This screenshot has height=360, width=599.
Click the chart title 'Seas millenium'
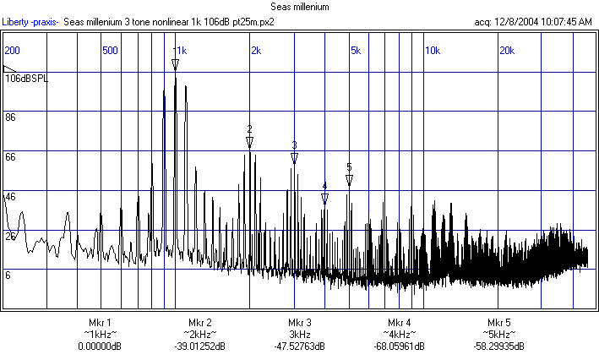click(x=299, y=7)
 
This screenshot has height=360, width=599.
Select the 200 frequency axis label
click(x=13, y=51)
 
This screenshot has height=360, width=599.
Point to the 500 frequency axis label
click(x=110, y=51)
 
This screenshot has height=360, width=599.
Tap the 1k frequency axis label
click(x=181, y=51)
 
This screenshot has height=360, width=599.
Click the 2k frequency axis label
click(x=255, y=51)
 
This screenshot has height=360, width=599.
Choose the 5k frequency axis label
click(x=356, y=51)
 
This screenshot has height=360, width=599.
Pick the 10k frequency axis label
click(x=432, y=51)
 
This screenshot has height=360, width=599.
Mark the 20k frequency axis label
click(x=507, y=51)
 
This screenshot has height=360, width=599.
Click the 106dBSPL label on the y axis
click(x=27, y=79)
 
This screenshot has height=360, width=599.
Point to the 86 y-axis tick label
click(x=11, y=117)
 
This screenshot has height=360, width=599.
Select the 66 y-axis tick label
click(x=11, y=157)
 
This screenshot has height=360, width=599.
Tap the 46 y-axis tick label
click(x=11, y=196)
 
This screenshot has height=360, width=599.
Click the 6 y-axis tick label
click(x=8, y=275)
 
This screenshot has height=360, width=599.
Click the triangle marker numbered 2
click(x=250, y=143)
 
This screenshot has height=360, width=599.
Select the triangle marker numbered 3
click(x=294, y=158)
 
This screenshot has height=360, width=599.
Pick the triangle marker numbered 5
click(x=349, y=180)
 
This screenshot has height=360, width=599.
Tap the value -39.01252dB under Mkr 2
click(x=200, y=346)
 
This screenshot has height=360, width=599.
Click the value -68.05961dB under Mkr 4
click(x=400, y=346)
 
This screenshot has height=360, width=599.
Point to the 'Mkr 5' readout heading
click(x=498, y=323)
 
